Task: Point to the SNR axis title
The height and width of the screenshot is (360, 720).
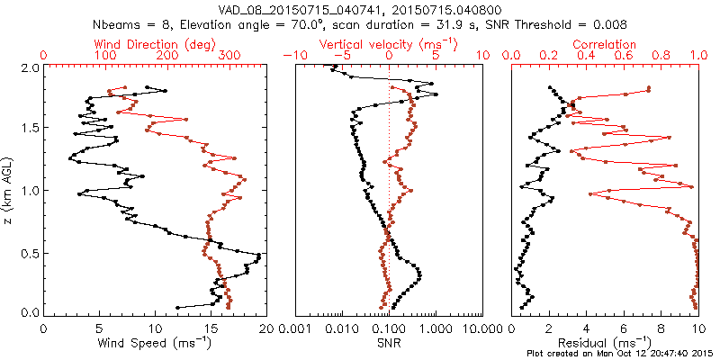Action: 390,342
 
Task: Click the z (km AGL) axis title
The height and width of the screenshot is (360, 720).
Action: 9,190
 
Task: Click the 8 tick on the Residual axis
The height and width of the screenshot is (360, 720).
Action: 661,328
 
